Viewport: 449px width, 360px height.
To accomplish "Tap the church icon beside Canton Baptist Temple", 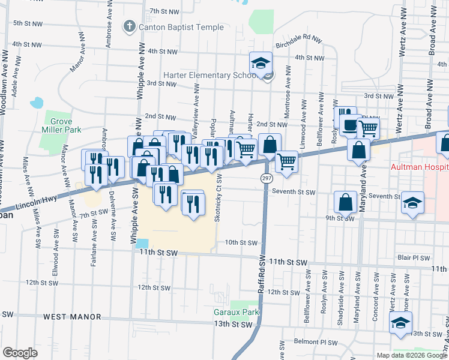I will click(128, 26).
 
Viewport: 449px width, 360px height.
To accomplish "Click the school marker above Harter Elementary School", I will click(261, 62).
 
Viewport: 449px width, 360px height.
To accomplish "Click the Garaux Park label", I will click(236, 313).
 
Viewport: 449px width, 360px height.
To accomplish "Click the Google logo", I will click(20, 352).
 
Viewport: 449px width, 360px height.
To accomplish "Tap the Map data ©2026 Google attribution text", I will click(411, 355).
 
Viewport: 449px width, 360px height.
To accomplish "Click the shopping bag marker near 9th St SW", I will click(346, 202).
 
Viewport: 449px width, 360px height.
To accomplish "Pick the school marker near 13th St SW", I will click(400, 322).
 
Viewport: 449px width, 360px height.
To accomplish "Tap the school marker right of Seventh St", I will click(412, 202).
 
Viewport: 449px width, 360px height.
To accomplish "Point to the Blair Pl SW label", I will click(414, 258).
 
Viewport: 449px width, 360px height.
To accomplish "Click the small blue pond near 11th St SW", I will click(142, 244).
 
